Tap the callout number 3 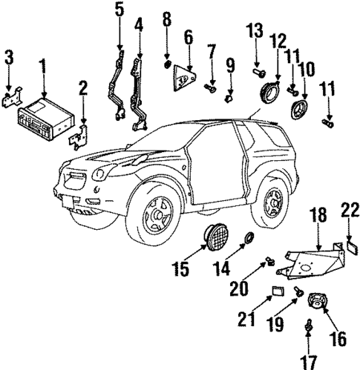[8, 57]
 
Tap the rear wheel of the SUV [275, 200]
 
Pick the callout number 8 [166, 17]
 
